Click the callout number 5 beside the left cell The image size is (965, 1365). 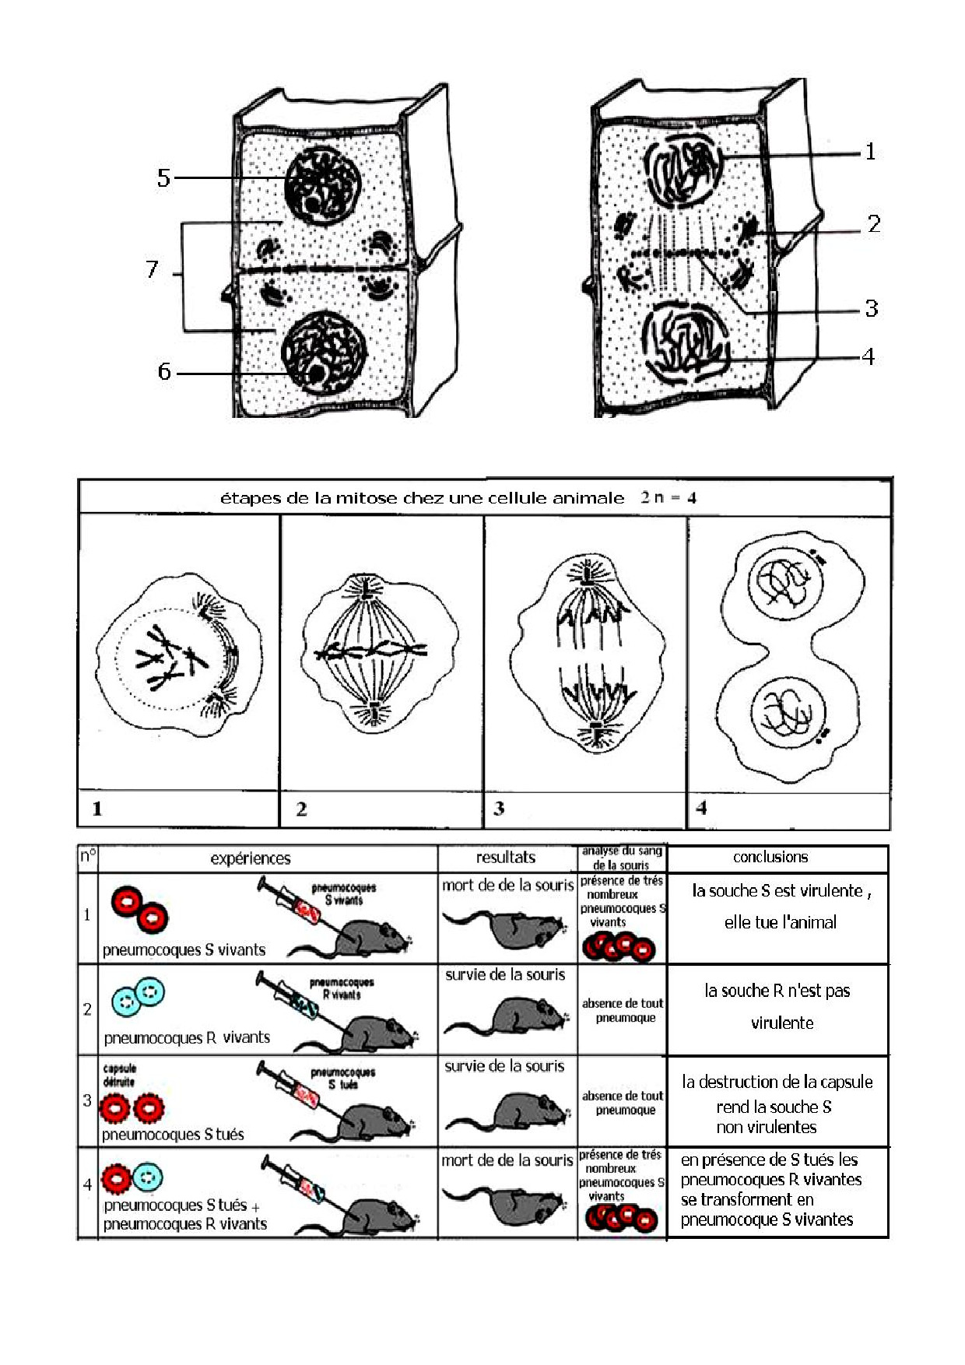163,177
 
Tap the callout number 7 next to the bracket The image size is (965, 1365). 153,269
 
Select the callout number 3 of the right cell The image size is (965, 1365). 872,308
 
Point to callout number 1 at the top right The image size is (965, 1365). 871,152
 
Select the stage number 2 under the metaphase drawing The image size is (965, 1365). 301,809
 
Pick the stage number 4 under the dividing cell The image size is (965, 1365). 701,808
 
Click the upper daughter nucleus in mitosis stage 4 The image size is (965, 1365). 784,583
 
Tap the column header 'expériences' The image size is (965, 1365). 251,858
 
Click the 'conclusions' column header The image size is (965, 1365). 770,857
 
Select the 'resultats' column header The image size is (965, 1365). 506,857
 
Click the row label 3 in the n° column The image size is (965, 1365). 87,1100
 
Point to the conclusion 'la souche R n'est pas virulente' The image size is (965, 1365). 778,1006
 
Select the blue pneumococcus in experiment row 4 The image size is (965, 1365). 147,1177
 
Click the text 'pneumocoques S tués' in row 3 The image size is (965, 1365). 174,1135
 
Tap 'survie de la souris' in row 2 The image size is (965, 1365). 505,974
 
